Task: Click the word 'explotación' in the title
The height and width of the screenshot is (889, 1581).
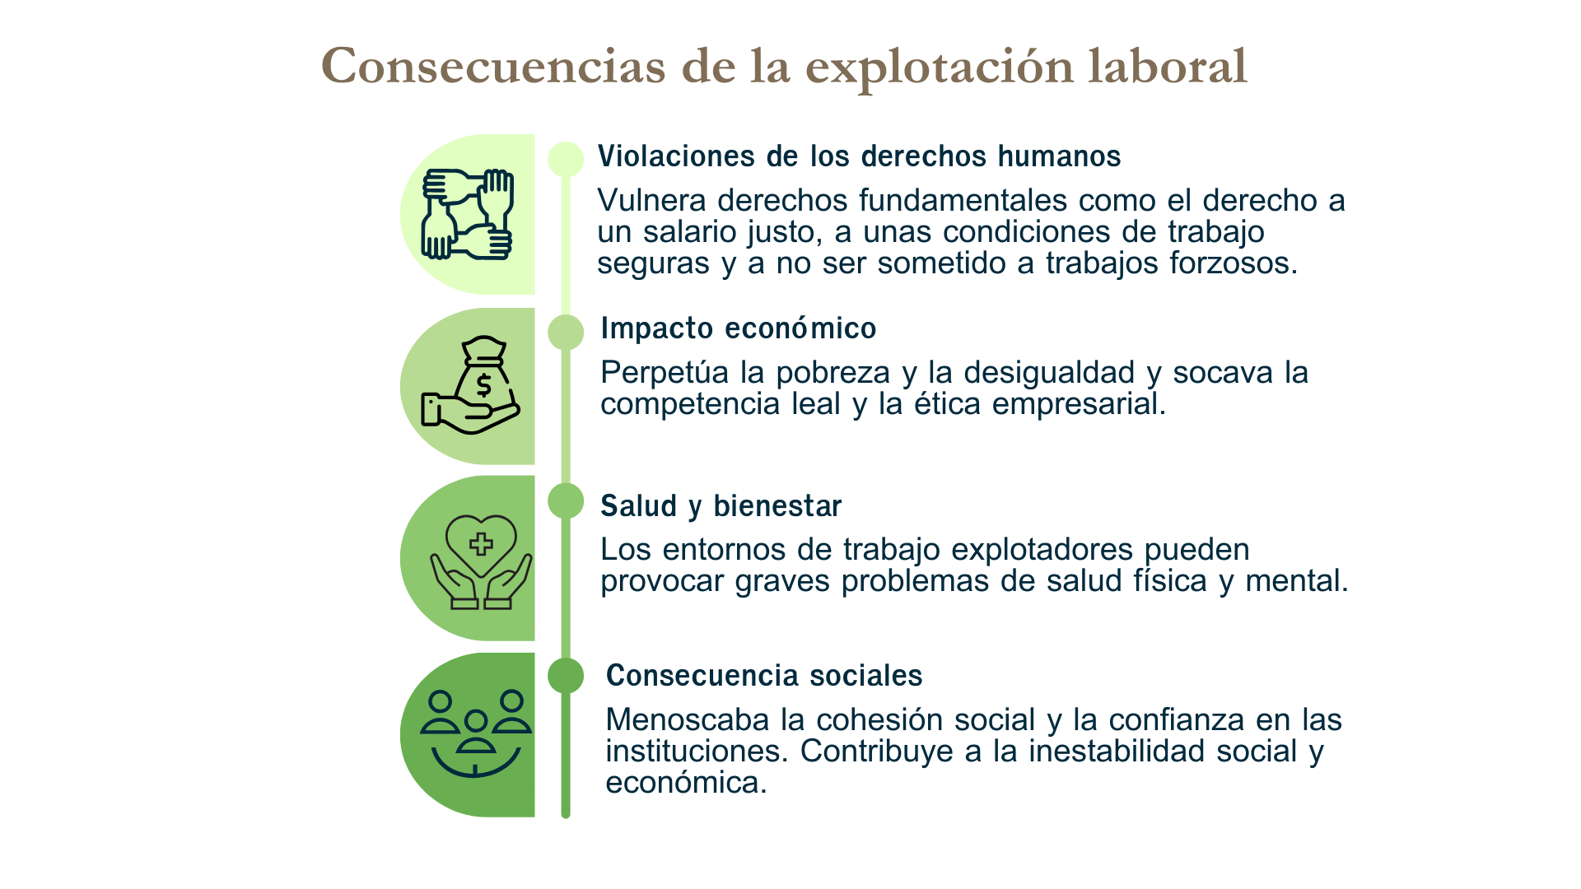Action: click(x=940, y=67)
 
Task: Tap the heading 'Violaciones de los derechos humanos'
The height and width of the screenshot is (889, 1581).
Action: click(x=859, y=156)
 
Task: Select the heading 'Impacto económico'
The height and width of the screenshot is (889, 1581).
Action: click(x=739, y=328)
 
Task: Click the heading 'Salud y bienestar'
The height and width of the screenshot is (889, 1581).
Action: click(x=721, y=506)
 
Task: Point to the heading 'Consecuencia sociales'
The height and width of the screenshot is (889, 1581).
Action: click(x=764, y=676)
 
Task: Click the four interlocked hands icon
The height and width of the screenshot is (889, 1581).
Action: click(x=468, y=214)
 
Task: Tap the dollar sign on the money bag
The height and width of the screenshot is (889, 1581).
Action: click(x=484, y=384)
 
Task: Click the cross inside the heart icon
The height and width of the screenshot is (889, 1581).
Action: click(x=481, y=543)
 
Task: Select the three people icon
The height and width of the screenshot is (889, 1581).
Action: click(x=476, y=733)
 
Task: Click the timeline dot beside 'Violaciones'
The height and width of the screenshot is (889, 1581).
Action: click(x=566, y=159)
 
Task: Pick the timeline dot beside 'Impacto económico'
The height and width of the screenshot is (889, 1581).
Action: click(x=566, y=332)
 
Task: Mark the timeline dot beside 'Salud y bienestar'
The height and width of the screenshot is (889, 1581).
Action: click(x=566, y=500)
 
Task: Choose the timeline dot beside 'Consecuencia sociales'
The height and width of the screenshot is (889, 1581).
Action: click(x=566, y=676)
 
